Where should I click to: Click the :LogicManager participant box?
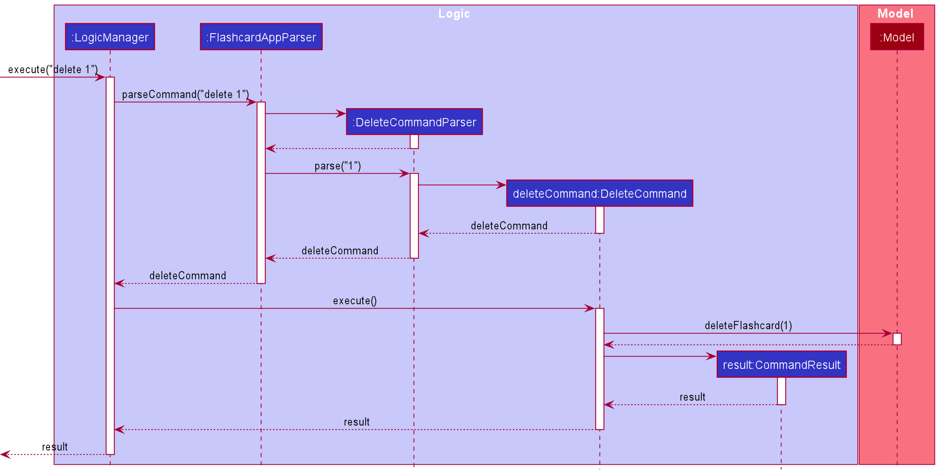point(110,37)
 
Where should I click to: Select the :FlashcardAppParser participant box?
point(261,37)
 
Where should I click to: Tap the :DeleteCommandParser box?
point(414,122)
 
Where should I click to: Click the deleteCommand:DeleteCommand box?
point(599,193)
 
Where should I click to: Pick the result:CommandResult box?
point(781,365)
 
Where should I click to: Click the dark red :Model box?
point(897,37)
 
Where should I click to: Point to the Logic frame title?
point(454,14)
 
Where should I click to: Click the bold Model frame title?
point(895,14)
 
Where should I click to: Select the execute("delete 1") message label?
point(53,70)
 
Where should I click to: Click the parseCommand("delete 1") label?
point(185,94)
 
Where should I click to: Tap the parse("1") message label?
point(338,166)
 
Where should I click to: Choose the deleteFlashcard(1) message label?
point(748,326)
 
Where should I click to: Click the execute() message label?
point(355,301)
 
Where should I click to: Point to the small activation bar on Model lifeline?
point(897,339)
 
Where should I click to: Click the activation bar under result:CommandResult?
point(781,391)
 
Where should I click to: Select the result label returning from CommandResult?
point(692,397)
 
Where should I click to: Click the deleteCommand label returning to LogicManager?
point(188,276)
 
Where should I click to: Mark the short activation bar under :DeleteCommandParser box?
point(414,141)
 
